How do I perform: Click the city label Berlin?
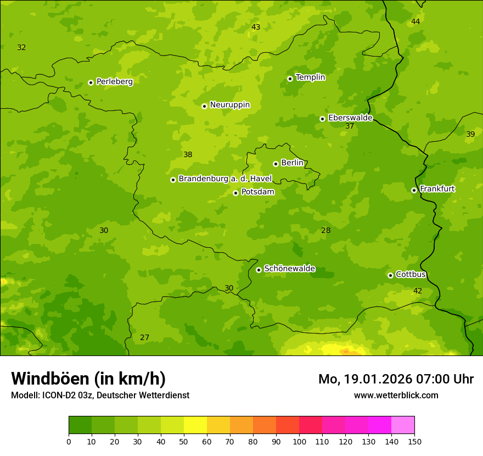pos(292,163)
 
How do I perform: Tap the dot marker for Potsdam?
pos(235,193)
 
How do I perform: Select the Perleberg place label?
pos(114,82)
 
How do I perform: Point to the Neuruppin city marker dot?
pos(204,106)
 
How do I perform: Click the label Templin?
pos(310,77)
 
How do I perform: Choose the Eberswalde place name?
pos(350,118)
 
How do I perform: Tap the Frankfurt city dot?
pos(414,190)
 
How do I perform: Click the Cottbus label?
pos(411,275)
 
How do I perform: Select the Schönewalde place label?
pos(290,269)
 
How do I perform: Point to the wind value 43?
pos(256,27)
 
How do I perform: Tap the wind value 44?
pos(415,21)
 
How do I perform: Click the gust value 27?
pos(144,337)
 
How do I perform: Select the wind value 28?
pos(325,230)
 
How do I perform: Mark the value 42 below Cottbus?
pos(418,291)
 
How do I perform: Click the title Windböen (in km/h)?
pos(88,379)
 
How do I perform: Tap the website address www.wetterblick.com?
pos(396,395)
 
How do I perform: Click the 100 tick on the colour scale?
pos(299,441)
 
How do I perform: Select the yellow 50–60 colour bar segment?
pos(195,425)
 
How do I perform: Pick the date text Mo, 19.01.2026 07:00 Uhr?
pos(396,379)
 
